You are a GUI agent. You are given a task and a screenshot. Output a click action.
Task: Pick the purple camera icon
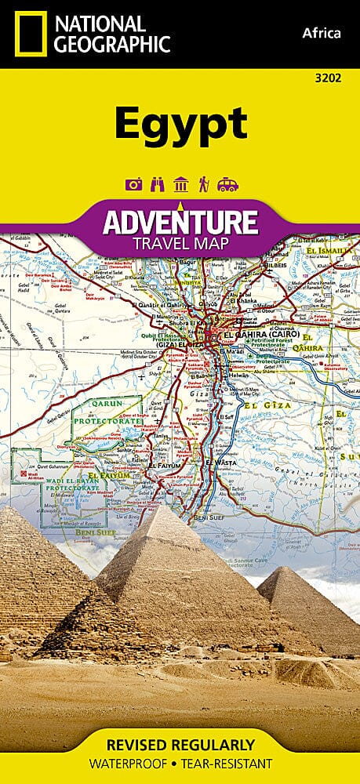coord(133,184)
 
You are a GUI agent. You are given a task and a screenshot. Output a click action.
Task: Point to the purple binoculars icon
coord(156,184)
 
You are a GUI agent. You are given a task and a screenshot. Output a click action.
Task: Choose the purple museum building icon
coord(180,184)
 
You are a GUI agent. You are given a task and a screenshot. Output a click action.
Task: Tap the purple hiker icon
coord(202,184)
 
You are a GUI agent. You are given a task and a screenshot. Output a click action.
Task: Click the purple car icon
coord(227,184)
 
